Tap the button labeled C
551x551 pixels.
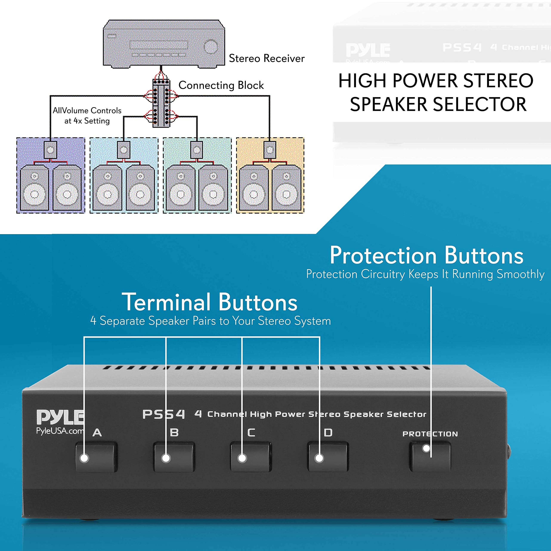point(251,457)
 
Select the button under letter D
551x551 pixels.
point(328,457)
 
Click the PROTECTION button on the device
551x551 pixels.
point(430,457)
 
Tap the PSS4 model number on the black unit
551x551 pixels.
point(163,414)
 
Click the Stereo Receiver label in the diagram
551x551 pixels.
point(267,59)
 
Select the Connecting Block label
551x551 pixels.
point(221,85)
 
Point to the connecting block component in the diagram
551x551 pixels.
point(161,103)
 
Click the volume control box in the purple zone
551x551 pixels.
point(50,150)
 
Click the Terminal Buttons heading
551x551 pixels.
point(210,302)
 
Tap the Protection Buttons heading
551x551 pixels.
point(426,255)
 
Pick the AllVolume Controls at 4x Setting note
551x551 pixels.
point(87,116)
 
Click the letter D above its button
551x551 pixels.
point(328,433)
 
